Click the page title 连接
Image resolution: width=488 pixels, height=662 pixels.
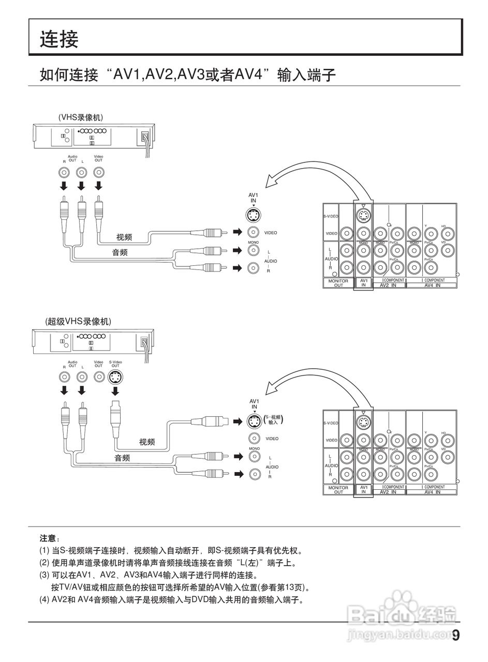[60, 39]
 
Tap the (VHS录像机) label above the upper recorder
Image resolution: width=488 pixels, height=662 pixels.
[84, 117]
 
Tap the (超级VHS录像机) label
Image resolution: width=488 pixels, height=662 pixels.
[78, 321]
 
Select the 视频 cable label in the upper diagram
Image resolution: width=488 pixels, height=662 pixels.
[124, 237]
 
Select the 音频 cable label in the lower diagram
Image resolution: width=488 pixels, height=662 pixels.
[122, 458]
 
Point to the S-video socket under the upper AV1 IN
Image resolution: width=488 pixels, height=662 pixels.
[253, 215]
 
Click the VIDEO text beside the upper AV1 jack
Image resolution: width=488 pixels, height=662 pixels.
[271, 233]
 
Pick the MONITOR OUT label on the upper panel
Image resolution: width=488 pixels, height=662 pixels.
[338, 283]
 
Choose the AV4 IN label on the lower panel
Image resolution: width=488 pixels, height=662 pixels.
[432, 492]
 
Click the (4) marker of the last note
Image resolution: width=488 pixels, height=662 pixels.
[45, 600]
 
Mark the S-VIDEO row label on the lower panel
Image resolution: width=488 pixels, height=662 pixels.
[331, 423]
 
